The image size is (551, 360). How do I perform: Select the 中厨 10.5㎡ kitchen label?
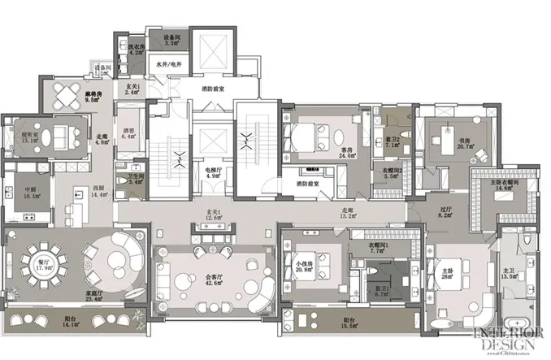point(32,193)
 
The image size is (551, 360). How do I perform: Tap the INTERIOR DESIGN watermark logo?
point(505,340)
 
